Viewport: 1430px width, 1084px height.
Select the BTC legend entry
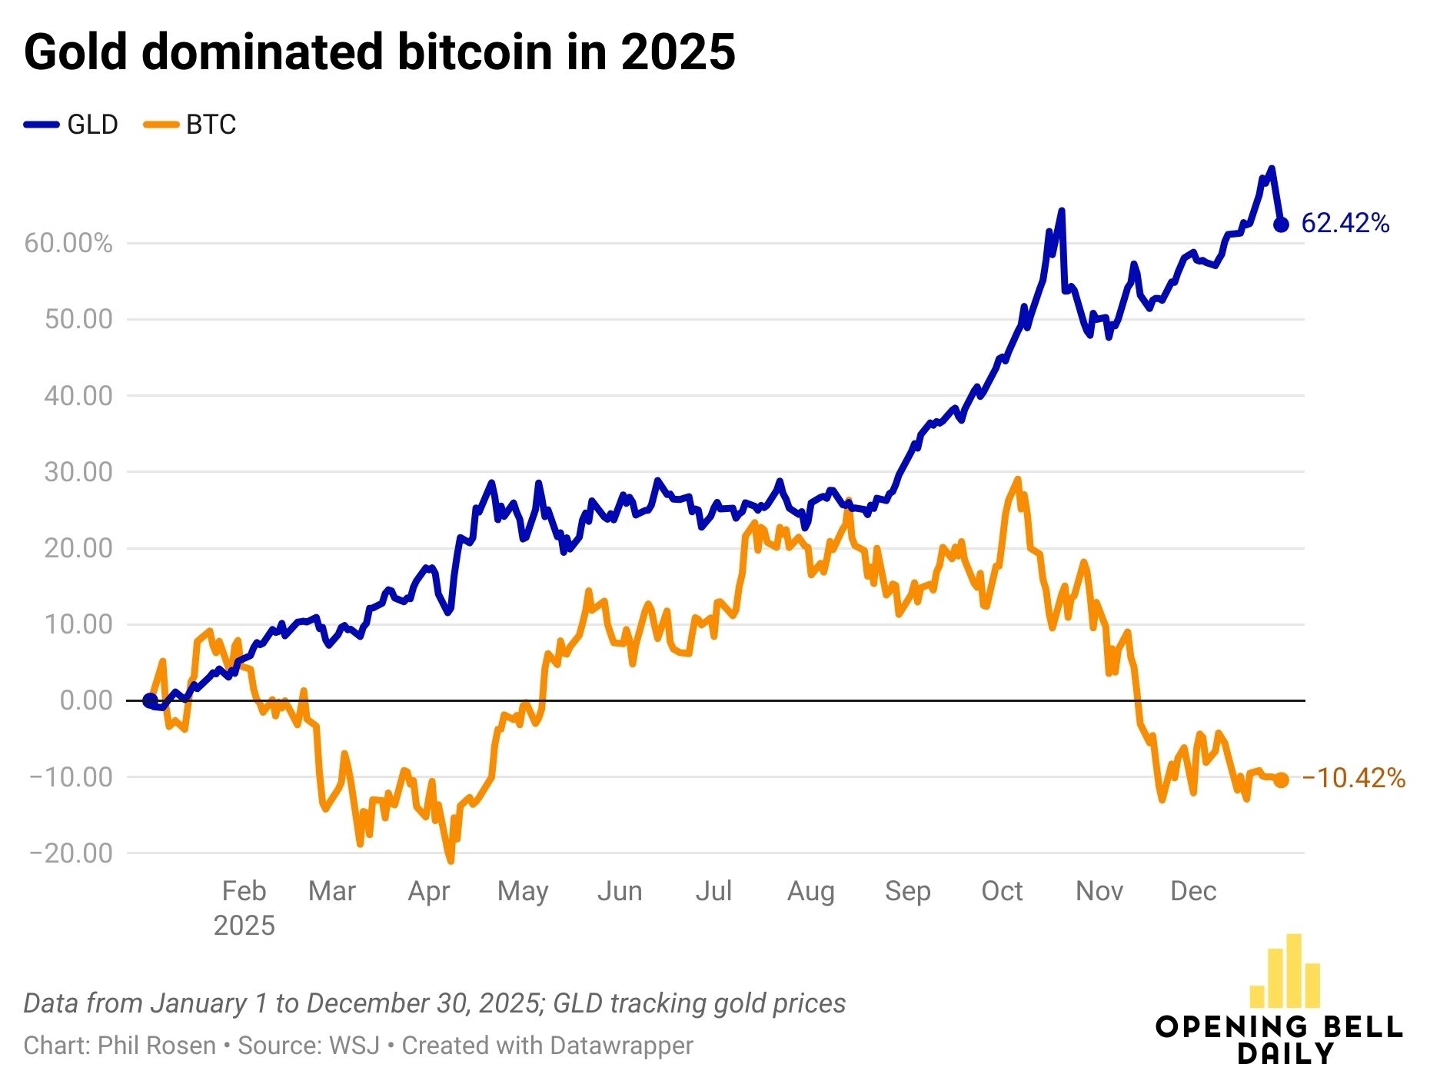(x=191, y=125)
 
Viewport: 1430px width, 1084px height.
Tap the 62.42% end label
(x=1345, y=224)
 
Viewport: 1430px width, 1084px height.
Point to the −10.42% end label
(x=1353, y=779)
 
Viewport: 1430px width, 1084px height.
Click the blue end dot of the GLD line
(x=1281, y=224)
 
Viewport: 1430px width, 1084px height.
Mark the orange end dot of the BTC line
(x=1281, y=780)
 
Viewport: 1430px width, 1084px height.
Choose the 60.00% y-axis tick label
(x=68, y=244)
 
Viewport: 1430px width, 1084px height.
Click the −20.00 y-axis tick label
(x=71, y=853)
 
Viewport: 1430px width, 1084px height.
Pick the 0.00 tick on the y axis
(x=86, y=700)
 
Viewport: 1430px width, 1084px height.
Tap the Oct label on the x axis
(x=1002, y=891)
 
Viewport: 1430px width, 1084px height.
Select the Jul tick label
(x=713, y=891)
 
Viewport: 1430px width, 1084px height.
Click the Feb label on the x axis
(x=244, y=891)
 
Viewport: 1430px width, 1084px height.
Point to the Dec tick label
(x=1192, y=891)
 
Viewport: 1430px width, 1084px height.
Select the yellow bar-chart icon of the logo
(x=1285, y=972)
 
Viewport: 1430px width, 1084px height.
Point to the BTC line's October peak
(x=1018, y=479)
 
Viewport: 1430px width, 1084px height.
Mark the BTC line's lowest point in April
(x=451, y=861)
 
